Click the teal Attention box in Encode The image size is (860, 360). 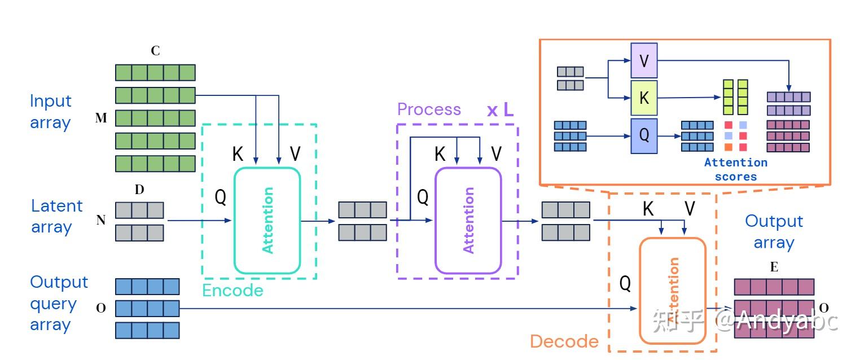pos(267,220)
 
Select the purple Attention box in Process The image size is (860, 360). pos(468,220)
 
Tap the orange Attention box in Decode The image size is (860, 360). pos(672,291)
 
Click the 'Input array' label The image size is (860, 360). pos(51,112)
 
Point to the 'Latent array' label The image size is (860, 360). pos(56,216)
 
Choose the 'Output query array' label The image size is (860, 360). pos(59,303)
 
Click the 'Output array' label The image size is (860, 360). pos(774,231)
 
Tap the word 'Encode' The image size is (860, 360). pos(232,291)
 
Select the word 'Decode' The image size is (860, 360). pos(564,341)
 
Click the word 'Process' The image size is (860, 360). pos(429,109)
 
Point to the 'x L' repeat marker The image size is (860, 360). pos(500,109)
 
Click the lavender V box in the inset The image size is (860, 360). pos(644,60)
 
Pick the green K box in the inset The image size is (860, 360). pos(644,98)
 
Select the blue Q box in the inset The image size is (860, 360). pos(644,136)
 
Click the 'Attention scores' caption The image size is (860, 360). pos(736,169)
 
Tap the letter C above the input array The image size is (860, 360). pos(155,51)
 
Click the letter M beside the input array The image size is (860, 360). pos(101,118)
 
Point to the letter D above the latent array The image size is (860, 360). pos(139,190)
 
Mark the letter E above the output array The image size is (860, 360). pos(774,267)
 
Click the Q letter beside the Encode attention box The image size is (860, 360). pos(221,197)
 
